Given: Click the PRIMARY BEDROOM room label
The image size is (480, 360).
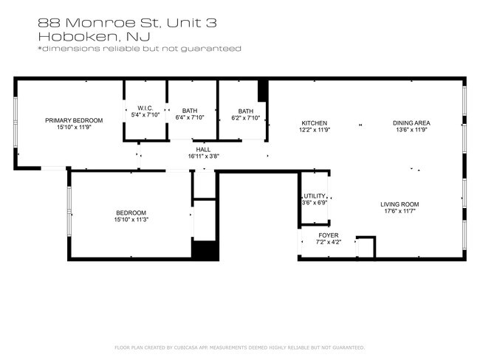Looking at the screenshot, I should tap(74, 120).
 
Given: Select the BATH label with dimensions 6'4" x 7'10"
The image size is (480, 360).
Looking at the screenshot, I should tap(190, 110).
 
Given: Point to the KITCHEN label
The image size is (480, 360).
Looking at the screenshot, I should tap(315, 122).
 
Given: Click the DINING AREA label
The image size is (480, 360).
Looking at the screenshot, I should tap(411, 122).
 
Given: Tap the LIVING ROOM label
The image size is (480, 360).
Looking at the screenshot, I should tap(400, 204).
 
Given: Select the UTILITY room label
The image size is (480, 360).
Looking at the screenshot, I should tap(315, 195).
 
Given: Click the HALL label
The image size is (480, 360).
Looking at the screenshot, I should tap(204, 149).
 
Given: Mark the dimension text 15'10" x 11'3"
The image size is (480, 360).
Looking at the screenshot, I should tap(130, 219).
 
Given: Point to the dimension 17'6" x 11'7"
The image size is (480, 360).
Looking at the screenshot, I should tap(400, 212).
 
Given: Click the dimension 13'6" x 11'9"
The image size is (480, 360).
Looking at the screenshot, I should tap(411, 130).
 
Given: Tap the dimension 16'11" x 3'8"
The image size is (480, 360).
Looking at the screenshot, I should tap(204, 156).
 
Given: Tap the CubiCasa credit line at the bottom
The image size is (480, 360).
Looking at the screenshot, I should tap(240, 347).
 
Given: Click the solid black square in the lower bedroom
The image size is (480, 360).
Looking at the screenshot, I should tap(205, 249).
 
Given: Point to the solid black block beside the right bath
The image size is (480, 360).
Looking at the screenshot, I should tap(262, 91).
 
